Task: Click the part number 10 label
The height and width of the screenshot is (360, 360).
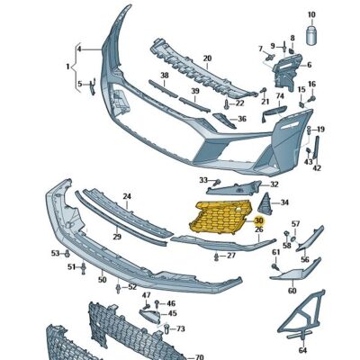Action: [x=312, y=15]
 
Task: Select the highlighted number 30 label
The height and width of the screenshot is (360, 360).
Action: [x=259, y=220]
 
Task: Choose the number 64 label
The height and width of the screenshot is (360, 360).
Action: [x=302, y=349]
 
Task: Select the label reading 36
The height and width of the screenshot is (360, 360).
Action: [x=241, y=120]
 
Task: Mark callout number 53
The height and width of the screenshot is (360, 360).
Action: [x=55, y=253]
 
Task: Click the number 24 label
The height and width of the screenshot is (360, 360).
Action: [x=127, y=196]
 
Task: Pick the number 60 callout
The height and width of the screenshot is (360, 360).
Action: [x=292, y=291]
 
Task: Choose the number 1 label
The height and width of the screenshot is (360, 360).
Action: [x=67, y=67]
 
